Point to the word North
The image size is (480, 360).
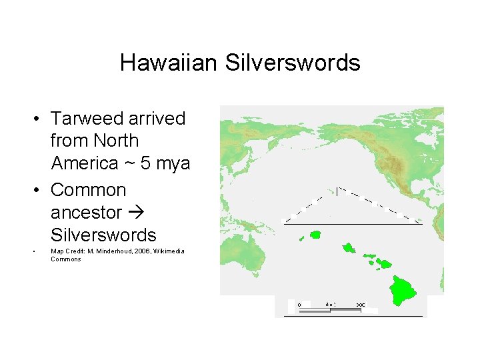pyautogui.click(x=116, y=141)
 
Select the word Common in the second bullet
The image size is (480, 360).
pyautogui.click(x=88, y=190)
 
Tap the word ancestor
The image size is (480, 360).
pyautogui.click(x=86, y=213)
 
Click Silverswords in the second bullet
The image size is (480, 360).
pyautogui.click(x=103, y=235)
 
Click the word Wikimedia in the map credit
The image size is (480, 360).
pyautogui.click(x=170, y=251)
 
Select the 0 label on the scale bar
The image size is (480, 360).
pyautogui.click(x=299, y=305)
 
